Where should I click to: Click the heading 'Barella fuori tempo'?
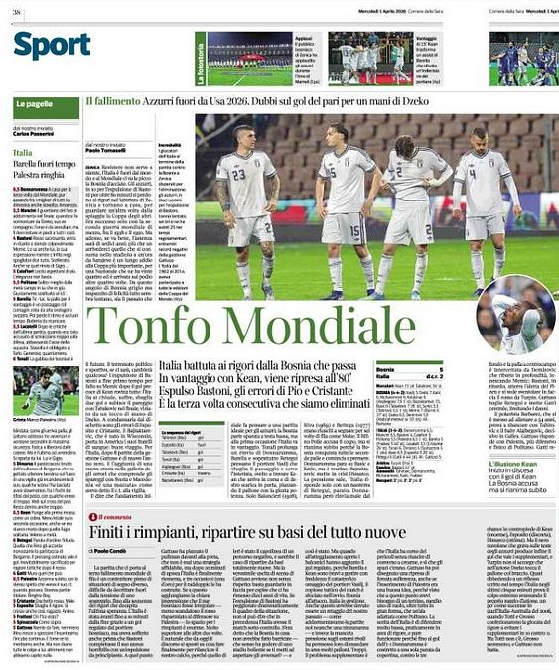pos(50,161)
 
